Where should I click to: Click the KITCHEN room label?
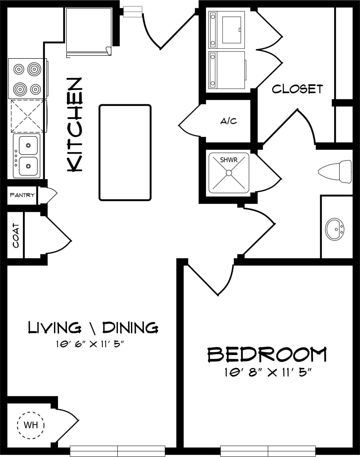[75, 125]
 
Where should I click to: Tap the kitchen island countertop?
[125, 152]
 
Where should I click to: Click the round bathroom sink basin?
[334, 229]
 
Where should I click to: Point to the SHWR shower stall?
[229, 173]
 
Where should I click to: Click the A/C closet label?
[229, 121]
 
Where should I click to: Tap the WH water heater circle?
[31, 425]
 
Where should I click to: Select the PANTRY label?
[22, 195]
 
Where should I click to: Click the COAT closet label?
[16, 236]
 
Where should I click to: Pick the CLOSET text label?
[297, 89]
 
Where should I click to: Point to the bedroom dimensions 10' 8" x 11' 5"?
[268, 373]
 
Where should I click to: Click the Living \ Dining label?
[93, 328]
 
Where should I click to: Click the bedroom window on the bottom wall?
[268, 451]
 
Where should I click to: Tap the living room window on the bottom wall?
[117, 451]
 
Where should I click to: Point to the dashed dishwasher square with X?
[28, 116]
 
